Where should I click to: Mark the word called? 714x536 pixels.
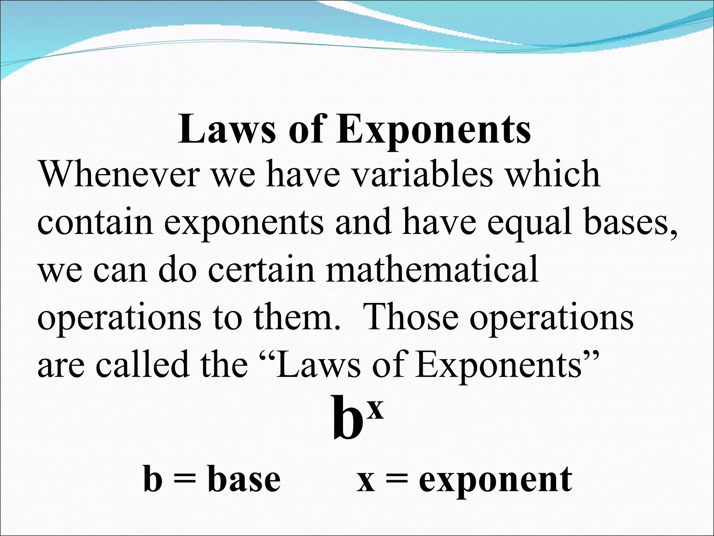143,365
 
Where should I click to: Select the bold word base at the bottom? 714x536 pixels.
244,480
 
